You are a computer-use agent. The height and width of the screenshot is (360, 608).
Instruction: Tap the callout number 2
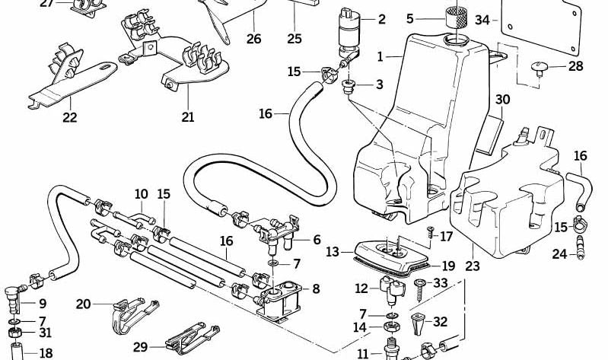click(x=381, y=19)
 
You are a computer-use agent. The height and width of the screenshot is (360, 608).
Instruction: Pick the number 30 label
click(x=502, y=100)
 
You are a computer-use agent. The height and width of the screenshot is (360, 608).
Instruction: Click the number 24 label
click(x=559, y=254)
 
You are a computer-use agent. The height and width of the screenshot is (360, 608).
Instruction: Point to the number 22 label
click(x=70, y=117)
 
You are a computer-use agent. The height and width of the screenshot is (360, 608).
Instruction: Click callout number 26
click(x=253, y=38)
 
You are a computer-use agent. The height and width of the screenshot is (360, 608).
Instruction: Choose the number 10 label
click(x=141, y=194)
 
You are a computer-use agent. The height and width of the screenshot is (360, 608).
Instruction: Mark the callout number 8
click(x=316, y=288)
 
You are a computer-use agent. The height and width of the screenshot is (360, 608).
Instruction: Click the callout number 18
click(x=46, y=353)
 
